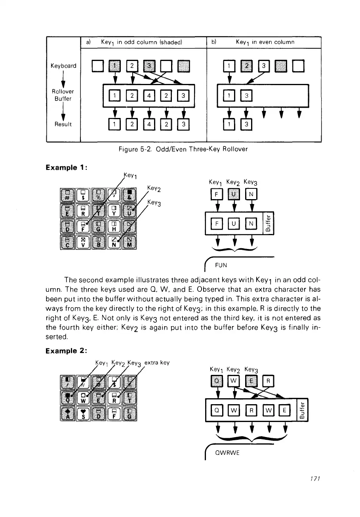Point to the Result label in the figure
coord(63,124)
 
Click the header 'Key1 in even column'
coord(265,42)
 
